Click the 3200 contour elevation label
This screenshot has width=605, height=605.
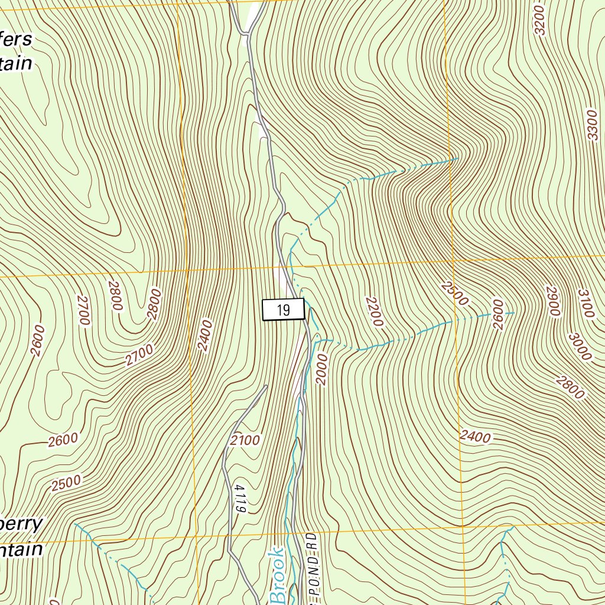(538, 20)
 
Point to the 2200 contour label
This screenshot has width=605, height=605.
(375, 311)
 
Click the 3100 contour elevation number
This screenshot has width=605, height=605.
(584, 304)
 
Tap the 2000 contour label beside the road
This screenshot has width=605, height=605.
(321, 369)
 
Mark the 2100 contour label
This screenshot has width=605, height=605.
(245, 440)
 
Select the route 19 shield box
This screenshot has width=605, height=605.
(283, 310)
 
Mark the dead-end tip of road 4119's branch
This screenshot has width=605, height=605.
(266, 386)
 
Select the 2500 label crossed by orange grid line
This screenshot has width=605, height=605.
(454, 293)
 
